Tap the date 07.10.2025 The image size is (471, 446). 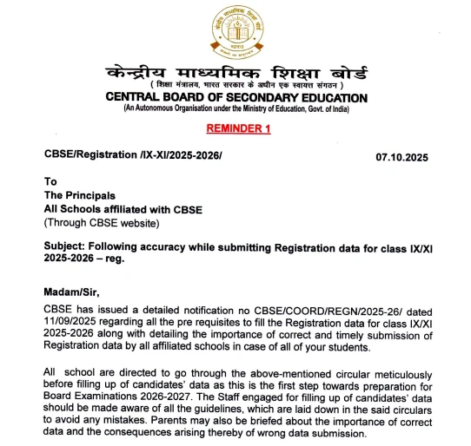pos(401,157)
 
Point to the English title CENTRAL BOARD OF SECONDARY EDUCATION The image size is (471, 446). pos(235,97)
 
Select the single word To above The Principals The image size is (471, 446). pos(50,182)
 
